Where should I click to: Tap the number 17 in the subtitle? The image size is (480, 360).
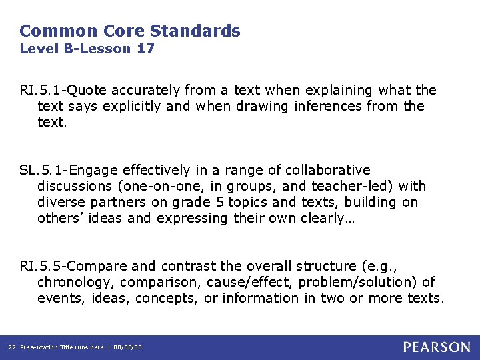[x=145, y=49]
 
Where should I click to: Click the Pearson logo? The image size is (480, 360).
[x=437, y=347]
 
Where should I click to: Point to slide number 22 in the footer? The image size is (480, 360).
[x=11, y=347]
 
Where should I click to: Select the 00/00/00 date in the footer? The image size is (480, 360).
[x=128, y=347]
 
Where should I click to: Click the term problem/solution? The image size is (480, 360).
[x=359, y=282]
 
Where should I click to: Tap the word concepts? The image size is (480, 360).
[x=166, y=298]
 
